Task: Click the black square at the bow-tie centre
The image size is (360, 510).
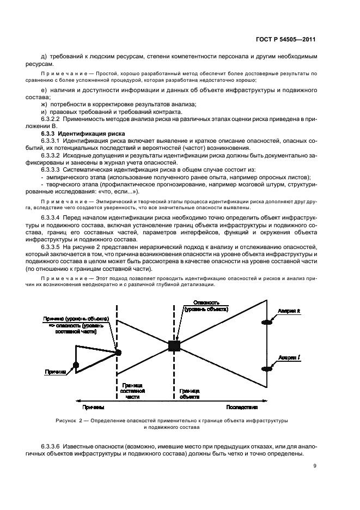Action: coord(174,345)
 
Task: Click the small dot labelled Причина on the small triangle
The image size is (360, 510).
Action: coord(76,365)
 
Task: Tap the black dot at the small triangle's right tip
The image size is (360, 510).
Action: coord(118,353)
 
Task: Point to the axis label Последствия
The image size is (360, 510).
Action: coord(242,407)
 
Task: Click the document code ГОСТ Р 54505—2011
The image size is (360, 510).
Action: coord(286,40)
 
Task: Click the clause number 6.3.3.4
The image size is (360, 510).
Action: coord(53,218)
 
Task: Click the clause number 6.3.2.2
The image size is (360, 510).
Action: coord(53,118)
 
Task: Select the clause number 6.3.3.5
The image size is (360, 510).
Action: coord(53,247)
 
